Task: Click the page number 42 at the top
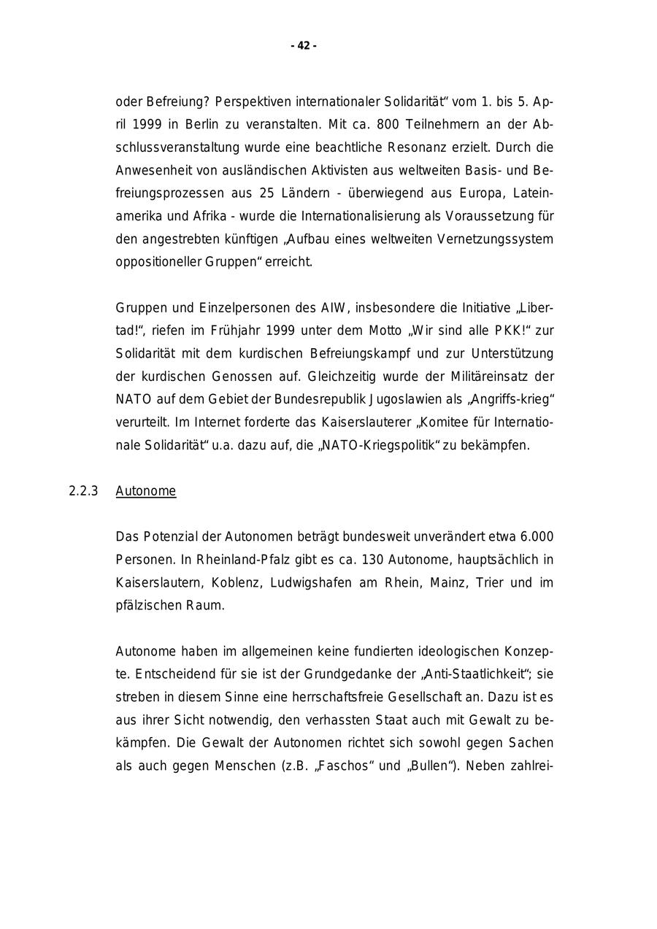(304, 46)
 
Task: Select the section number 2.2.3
(83, 491)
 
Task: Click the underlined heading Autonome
(146, 491)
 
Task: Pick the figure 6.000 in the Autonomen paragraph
(537, 537)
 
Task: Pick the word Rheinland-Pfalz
(231, 560)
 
